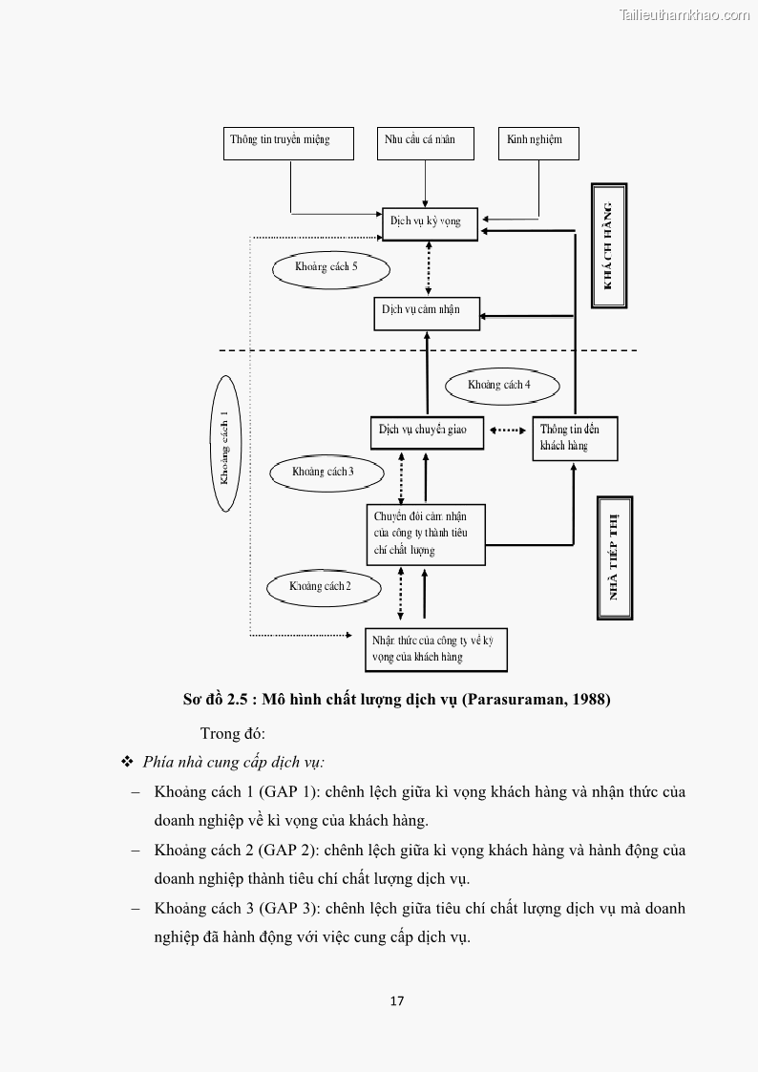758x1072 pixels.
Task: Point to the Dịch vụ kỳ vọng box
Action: click(430, 223)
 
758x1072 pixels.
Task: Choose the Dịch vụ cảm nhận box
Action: click(426, 312)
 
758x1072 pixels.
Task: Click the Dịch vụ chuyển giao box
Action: click(427, 431)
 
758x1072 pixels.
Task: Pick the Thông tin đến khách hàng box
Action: click(575, 438)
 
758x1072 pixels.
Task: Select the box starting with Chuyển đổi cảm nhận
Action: click(426, 535)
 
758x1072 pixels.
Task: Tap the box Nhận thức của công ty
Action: click(435, 649)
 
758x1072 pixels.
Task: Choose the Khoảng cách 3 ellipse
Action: click(326, 473)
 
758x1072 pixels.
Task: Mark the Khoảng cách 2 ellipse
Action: click(322, 586)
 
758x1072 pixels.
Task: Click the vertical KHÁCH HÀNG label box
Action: click(609, 246)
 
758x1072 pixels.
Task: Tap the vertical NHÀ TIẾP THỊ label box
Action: click(615, 558)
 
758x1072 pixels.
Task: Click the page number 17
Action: click(397, 1001)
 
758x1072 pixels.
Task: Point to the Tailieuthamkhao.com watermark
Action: click(684, 15)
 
